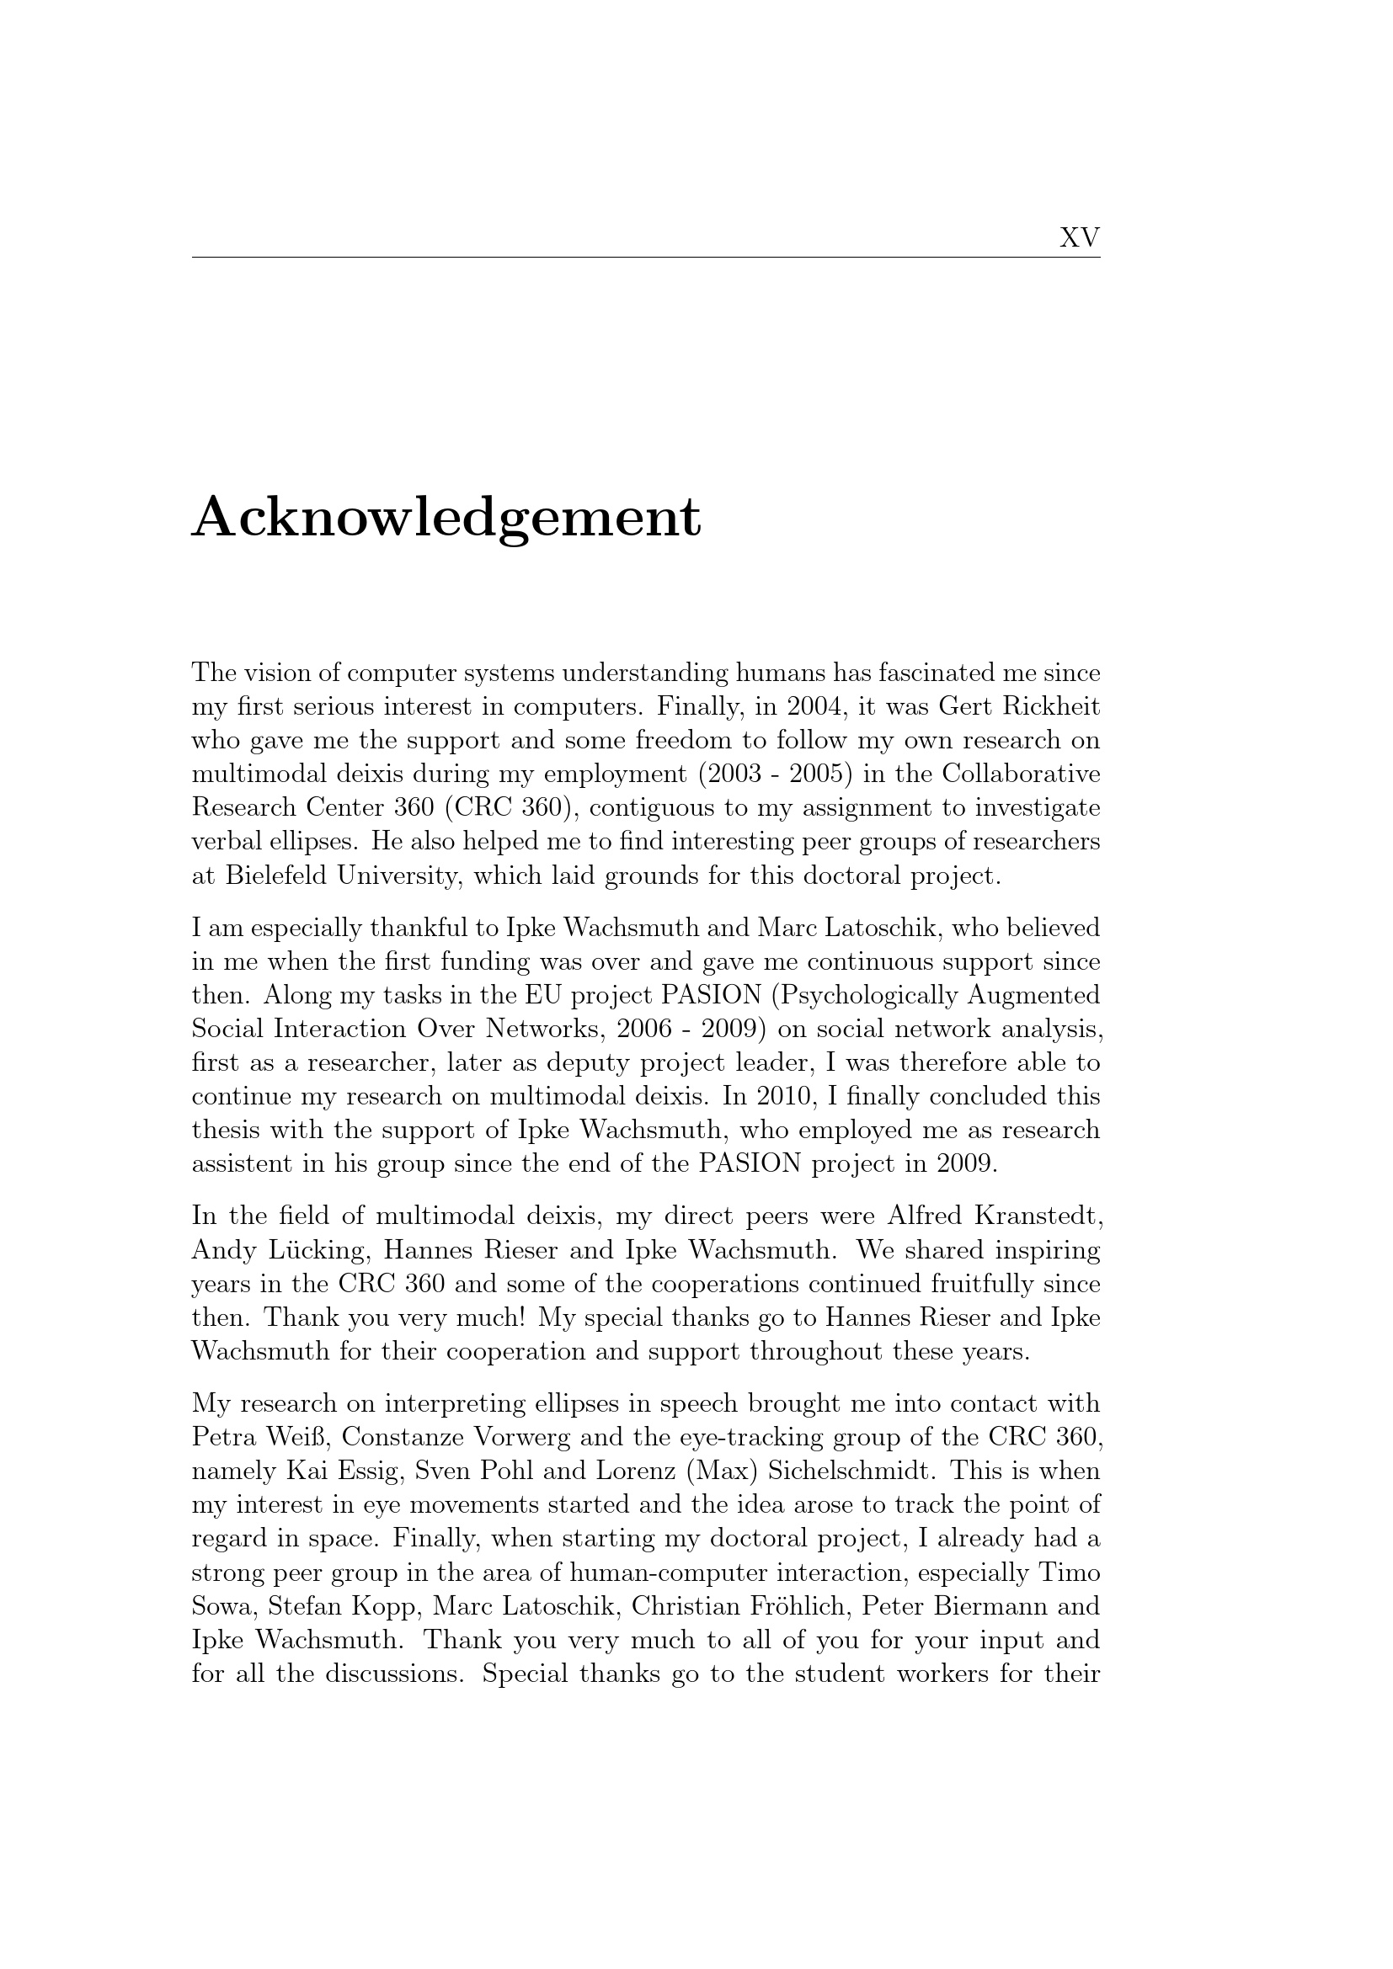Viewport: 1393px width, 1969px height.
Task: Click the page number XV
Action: (x=1079, y=237)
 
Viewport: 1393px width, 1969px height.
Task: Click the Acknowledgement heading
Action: (x=446, y=518)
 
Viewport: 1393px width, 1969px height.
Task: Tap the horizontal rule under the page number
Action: (x=645, y=257)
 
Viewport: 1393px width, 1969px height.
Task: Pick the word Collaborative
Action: (x=1021, y=774)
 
